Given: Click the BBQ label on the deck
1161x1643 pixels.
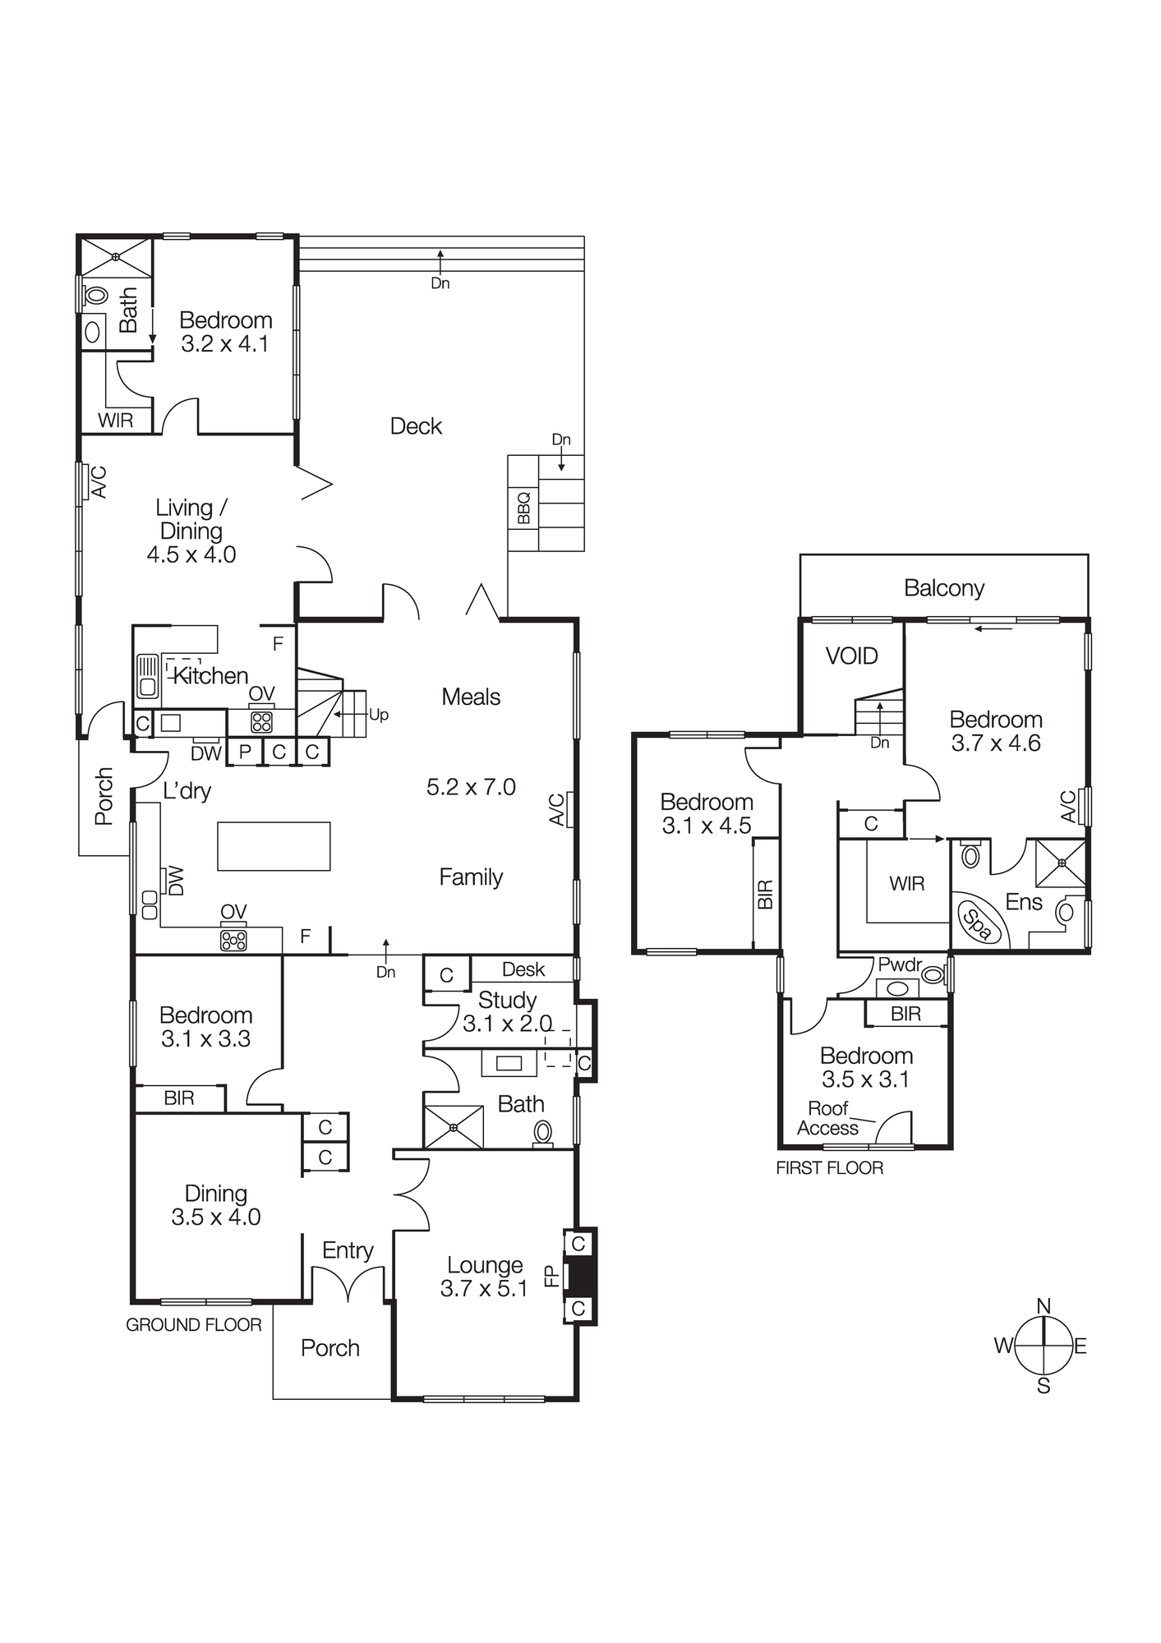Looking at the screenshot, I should [x=523, y=508].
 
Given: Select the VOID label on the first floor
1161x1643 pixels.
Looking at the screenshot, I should [x=852, y=656].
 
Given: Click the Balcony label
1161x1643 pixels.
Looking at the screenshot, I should [x=943, y=587].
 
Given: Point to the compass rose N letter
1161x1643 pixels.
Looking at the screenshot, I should [x=1044, y=1307].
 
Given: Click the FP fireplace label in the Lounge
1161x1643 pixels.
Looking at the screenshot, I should [x=551, y=1276].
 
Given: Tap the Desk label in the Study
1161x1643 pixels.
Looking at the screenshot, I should [x=523, y=969].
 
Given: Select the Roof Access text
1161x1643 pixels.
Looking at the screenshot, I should [x=828, y=1118].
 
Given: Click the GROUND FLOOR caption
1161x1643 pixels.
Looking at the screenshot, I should [x=194, y=1325].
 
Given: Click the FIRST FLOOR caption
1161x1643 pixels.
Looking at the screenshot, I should [x=829, y=1168].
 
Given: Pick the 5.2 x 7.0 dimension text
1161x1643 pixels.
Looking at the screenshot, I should [x=471, y=787].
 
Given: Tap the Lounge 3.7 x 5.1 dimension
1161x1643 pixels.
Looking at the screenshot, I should [x=483, y=1289].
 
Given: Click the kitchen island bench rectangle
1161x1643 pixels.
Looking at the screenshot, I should [x=274, y=845].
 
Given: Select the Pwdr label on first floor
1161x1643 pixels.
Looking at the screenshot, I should [x=900, y=964].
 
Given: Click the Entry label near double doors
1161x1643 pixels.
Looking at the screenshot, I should [x=348, y=1250].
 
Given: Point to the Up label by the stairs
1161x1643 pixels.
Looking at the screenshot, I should [x=379, y=715].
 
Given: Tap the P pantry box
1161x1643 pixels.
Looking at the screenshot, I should [x=245, y=752].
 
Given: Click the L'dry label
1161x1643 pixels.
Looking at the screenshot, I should [x=187, y=791].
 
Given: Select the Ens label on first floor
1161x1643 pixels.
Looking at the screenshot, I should [x=1024, y=902].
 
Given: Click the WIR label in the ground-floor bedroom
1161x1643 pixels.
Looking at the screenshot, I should [x=116, y=421].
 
